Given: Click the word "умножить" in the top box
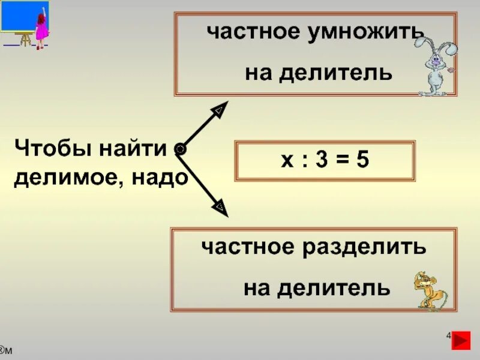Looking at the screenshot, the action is (x=360, y=33).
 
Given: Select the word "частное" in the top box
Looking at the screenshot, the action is (x=247, y=33).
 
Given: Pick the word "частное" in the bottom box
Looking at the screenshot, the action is (x=242, y=246).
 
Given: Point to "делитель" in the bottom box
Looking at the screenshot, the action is (x=336, y=288).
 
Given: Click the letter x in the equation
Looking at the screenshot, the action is (x=286, y=161).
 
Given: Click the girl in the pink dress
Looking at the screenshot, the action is (x=41, y=30).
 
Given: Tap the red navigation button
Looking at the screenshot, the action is (x=461, y=340).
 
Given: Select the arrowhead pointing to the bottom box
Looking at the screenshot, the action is (x=220, y=208).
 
